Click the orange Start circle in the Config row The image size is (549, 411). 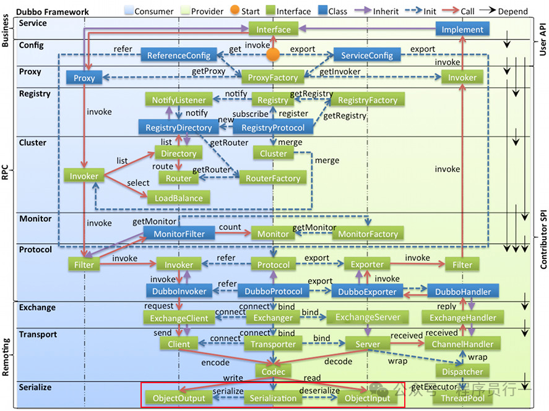[273, 55]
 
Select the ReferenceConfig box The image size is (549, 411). [178, 55]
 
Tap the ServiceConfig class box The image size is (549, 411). [367, 55]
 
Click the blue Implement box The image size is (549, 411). [462, 29]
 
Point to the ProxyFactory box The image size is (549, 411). [273, 77]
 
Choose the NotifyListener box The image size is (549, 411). [178, 100]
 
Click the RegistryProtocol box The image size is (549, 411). [273, 128]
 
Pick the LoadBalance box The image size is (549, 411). [178, 198]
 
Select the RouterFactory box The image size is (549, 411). [273, 179]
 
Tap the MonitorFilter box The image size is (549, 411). [178, 233]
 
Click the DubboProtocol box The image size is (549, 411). [273, 291]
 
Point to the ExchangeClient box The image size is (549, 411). [178, 318]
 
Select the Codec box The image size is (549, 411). [273, 371]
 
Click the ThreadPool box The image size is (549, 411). [462, 398]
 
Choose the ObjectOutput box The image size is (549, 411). [178, 398]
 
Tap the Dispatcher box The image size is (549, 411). [462, 371]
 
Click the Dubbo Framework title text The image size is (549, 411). [52, 11]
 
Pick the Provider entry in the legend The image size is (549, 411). [207, 11]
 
